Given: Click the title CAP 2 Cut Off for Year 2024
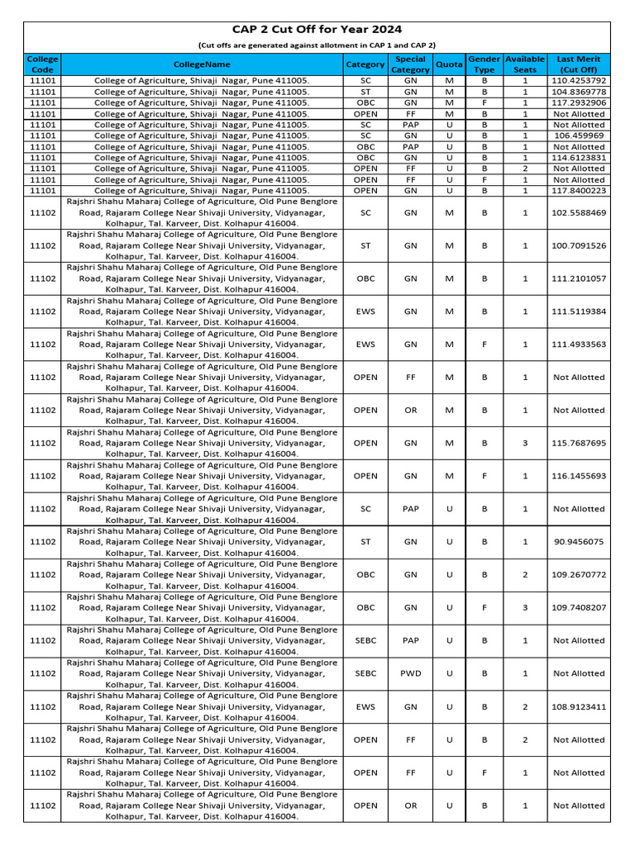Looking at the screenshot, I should pos(317,30).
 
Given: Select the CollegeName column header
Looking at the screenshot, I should pos(202,64).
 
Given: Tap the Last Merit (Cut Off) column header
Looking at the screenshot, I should pos(578,64).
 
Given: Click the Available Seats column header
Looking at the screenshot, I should pos(525,64).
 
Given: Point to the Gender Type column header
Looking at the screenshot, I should pos(484,64).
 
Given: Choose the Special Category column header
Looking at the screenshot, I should pos(410,64).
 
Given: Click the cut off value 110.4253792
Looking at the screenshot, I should pos(578,81).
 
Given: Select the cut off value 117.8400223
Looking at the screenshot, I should pos(578,190).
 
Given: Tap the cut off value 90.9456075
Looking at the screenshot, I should pos(578,542).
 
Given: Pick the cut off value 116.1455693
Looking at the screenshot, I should pos(578,476).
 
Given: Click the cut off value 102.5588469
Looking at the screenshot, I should pos(578,212).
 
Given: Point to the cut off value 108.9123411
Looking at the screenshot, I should pos(578,706).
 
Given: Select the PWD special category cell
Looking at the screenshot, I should pos(410,673).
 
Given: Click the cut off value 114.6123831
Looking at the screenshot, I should pos(578,157).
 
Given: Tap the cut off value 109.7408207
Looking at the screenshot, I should pos(578,607).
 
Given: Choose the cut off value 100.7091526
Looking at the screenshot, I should pos(578,245).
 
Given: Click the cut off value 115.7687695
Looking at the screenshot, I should pos(578,443).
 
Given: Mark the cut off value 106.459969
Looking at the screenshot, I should pos(578,135).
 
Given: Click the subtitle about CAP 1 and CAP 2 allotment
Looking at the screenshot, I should pos(317,45).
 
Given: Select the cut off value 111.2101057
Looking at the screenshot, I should pos(578,278).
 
